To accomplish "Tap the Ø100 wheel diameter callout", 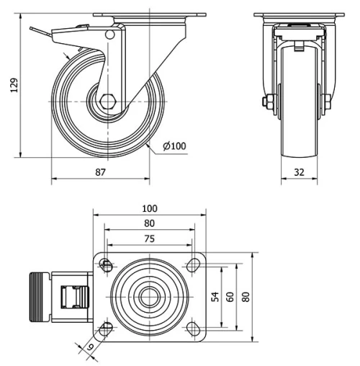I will click(174, 146).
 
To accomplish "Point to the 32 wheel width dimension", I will click(300, 172).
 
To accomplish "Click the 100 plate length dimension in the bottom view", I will click(150, 209).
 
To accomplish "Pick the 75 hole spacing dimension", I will click(150, 239).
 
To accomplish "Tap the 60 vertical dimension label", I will click(230, 297).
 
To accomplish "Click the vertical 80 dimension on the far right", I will click(247, 297).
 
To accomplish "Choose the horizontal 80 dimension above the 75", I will click(150, 224).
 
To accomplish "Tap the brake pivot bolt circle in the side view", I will click(109, 35).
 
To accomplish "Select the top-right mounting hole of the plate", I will click(194, 264).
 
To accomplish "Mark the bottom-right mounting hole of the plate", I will click(194, 329).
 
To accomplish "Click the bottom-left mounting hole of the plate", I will click(107, 329).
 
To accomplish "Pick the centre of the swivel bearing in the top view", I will click(150, 297).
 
